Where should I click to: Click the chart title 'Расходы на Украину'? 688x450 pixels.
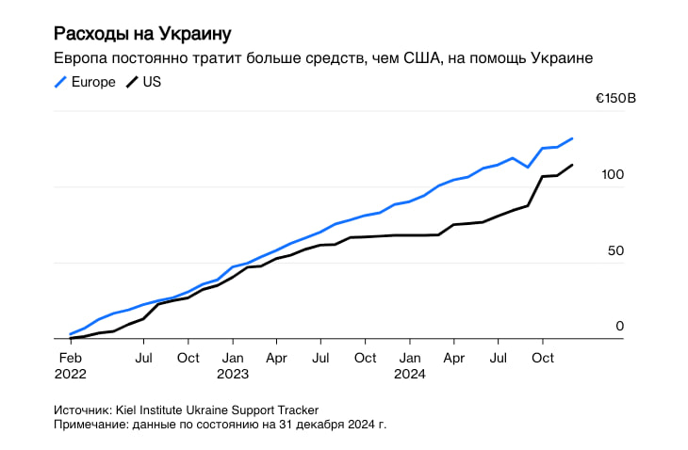pyautogui.click(x=141, y=34)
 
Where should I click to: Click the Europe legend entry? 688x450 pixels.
pyautogui.click(x=85, y=82)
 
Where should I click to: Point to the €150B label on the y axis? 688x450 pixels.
pyautogui.click(x=615, y=98)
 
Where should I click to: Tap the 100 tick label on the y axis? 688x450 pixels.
pyautogui.click(x=613, y=174)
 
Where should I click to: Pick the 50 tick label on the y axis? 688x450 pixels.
pyautogui.click(x=615, y=250)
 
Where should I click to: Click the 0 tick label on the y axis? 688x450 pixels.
pyautogui.click(x=619, y=326)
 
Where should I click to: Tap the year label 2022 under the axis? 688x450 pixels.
pyautogui.click(x=71, y=374)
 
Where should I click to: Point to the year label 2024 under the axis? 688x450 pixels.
pyautogui.click(x=410, y=374)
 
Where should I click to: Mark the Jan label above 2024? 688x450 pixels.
pyautogui.click(x=409, y=358)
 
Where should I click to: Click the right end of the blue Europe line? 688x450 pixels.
pyautogui.click(x=572, y=138)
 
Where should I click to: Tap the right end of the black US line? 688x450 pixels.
pyautogui.click(x=572, y=166)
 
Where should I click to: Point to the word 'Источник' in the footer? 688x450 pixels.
pyautogui.click(x=82, y=410)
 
